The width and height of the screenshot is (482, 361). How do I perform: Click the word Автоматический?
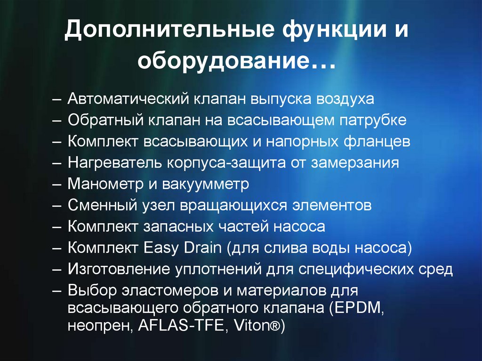click(x=127, y=99)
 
